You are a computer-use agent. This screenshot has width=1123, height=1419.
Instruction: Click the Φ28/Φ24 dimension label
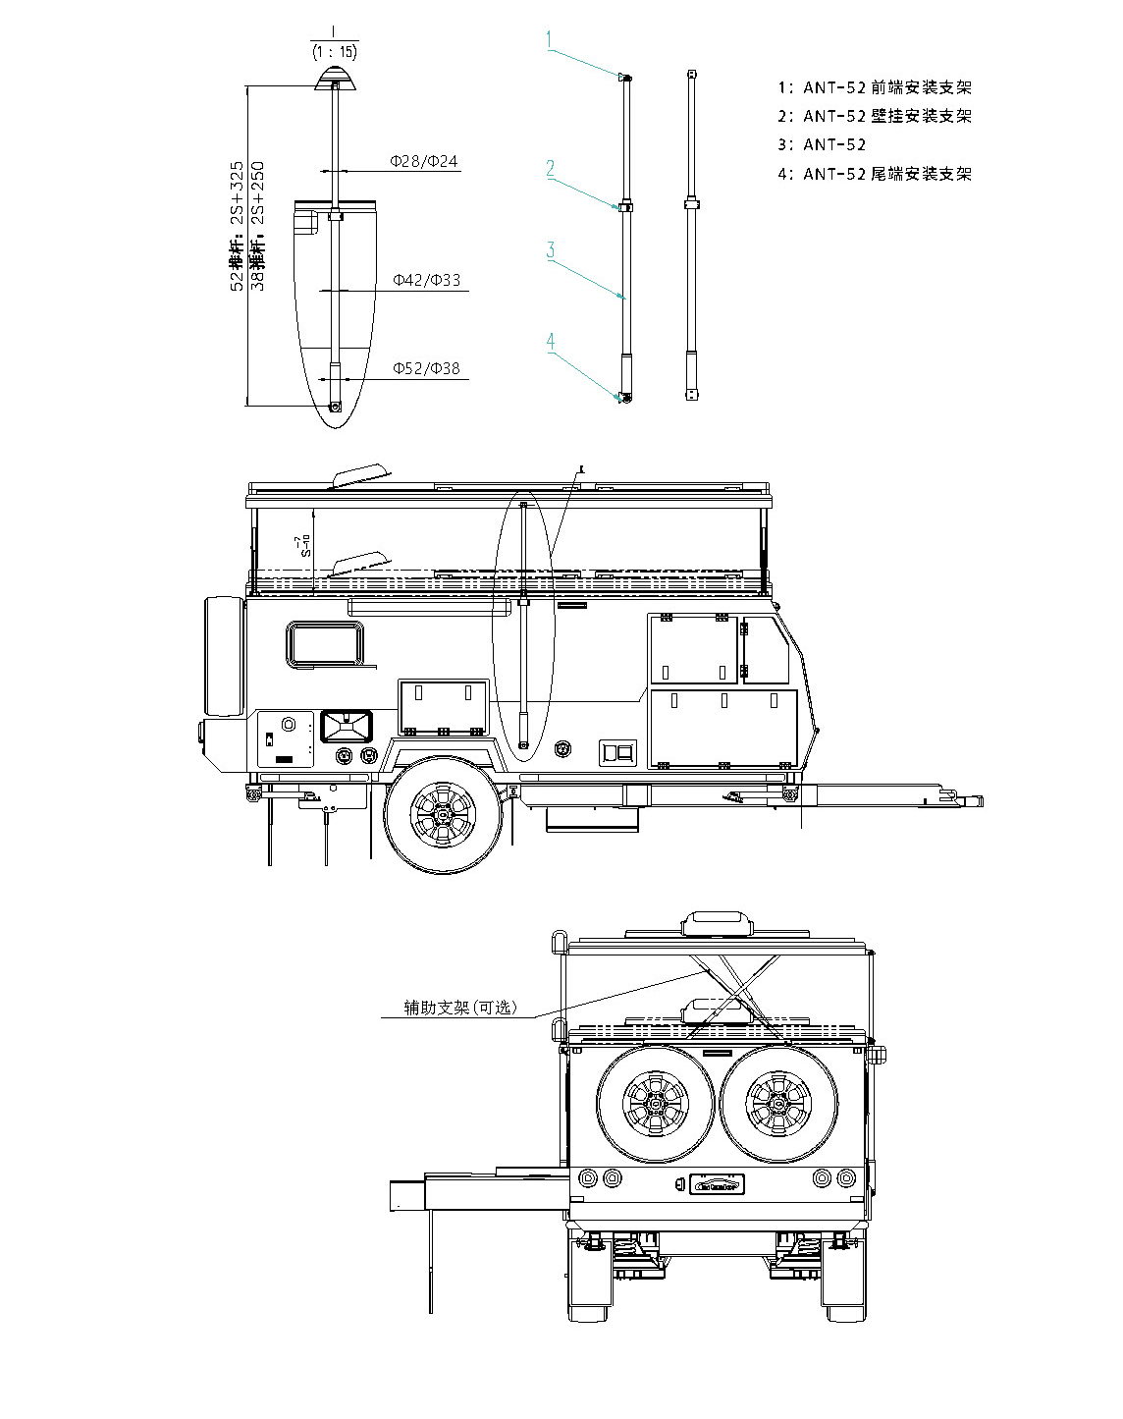pos(424,161)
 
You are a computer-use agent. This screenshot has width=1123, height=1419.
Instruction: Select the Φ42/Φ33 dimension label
pos(427,281)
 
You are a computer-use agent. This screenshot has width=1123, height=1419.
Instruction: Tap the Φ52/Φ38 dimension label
pos(427,369)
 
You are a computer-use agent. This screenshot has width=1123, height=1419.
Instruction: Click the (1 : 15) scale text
pos(334,51)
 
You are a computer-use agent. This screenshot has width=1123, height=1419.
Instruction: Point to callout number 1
pos(551,39)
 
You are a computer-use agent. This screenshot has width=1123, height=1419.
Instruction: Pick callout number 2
pos(551,168)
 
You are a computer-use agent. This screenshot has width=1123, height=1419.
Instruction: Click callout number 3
pos(551,249)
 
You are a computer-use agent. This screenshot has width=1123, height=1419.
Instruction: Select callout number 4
pos(551,341)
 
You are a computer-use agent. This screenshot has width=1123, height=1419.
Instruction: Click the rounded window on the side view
pos(325,644)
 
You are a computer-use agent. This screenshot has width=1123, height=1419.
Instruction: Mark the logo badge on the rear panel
pos(717,1184)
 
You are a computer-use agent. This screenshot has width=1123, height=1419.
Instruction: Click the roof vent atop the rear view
pos(718,924)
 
